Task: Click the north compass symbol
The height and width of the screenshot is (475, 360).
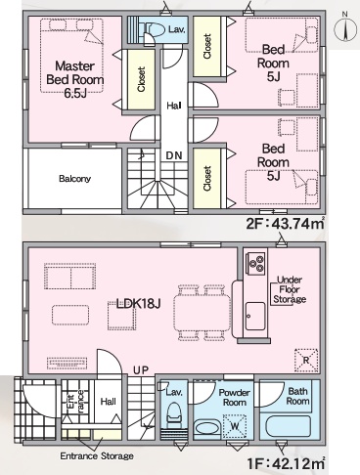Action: (x=345, y=28)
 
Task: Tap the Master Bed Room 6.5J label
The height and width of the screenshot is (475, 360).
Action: (x=75, y=79)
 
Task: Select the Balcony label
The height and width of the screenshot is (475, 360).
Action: (x=74, y=179)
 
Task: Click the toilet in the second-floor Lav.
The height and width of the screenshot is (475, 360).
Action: (x=155, y=30)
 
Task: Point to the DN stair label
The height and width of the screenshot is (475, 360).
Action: (x=174, y=155)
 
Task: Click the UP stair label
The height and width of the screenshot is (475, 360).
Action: (x=141, y=370)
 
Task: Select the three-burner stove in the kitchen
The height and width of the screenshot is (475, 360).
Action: (x=255, y=263)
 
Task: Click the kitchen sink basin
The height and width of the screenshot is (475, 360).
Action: (x=255, y=316)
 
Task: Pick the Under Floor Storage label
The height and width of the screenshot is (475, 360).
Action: (x=290, y=289)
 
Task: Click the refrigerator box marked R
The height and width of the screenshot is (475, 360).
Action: (x=306, y=361)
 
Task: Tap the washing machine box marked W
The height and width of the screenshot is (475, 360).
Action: (x=234, y=426)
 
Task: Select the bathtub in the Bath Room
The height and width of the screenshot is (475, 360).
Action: (x=289, y=427)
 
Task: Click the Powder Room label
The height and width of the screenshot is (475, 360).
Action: (x=234, y=398)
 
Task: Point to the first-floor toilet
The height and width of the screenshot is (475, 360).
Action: (x=174, y=414)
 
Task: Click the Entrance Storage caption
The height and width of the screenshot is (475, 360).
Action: (x=97, y=456)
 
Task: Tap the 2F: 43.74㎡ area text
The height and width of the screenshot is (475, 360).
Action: (x=285, y=224)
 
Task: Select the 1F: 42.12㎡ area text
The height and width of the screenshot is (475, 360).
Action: (x=285, y=463)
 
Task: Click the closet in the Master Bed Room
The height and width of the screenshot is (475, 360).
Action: (x=141, y=79)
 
